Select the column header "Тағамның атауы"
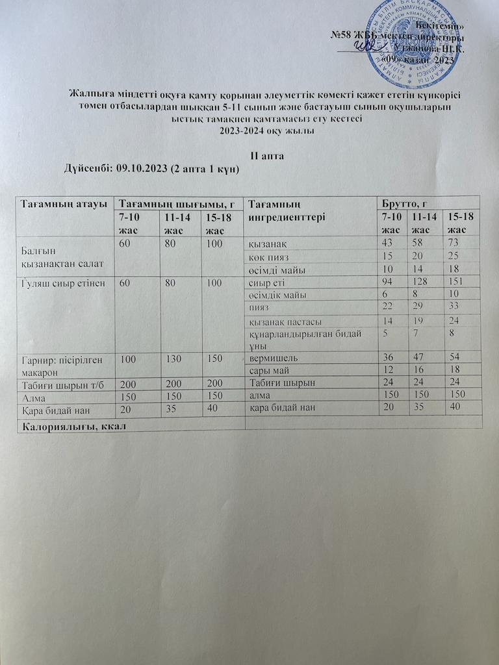(x=63, y=203)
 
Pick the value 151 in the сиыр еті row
(x=452, y=283)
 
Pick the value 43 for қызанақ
(x=388, y=243)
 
